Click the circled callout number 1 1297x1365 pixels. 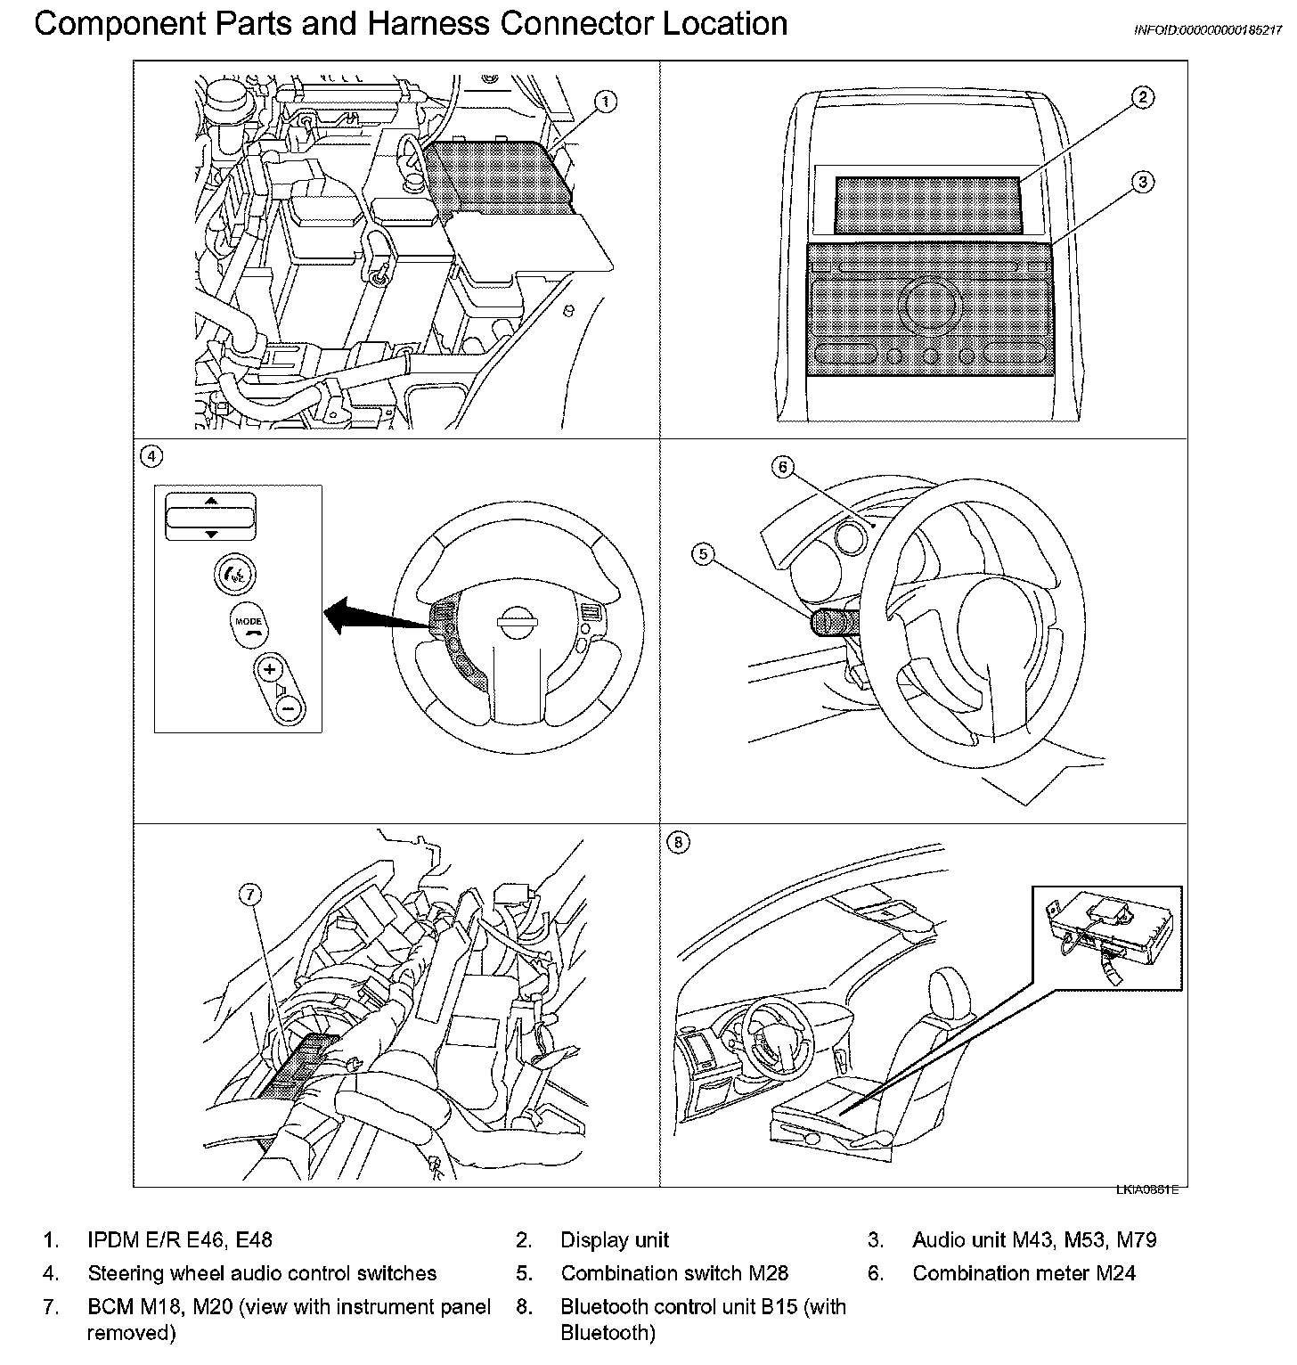click(606, 102)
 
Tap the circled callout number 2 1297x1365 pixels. click(1143, 97)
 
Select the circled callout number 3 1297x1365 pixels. click(1143, 182)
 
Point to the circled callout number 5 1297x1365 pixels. click(703, 554)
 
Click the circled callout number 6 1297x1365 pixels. click(782, 466)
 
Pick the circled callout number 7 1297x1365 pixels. click(252, 896)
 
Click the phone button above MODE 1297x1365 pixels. click(235, 574)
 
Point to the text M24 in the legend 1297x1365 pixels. click(1117, 1273)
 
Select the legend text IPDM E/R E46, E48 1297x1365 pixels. click(180, 1239)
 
